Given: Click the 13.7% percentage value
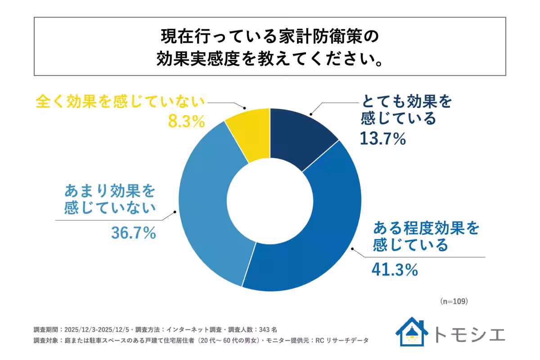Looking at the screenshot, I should [383, 139].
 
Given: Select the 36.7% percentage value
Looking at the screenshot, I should [133, 233].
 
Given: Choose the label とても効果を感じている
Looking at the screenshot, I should [405, 111].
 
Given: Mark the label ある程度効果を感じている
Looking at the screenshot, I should [426, 237].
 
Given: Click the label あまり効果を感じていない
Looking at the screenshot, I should [110, 200].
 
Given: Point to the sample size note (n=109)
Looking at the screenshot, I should [454, 301].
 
